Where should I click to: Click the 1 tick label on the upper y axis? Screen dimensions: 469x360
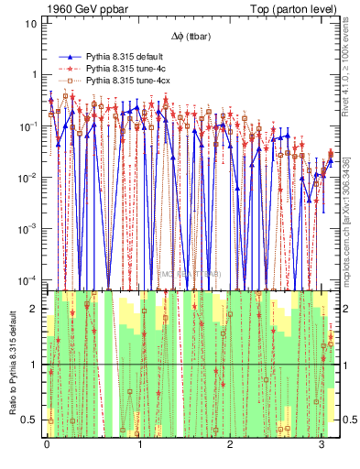pos(33,74)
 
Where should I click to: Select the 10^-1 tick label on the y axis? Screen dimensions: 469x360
pos(28,125)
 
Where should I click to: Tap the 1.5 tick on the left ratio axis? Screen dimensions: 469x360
pos(30,337)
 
